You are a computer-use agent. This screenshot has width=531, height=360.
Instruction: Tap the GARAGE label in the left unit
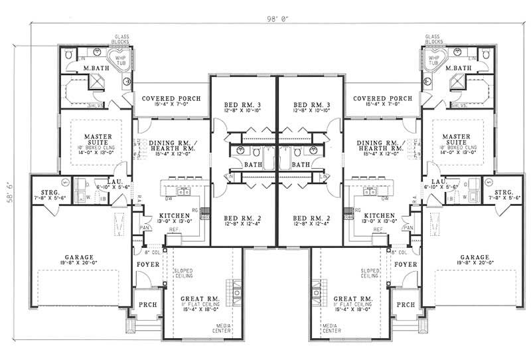[78, 257]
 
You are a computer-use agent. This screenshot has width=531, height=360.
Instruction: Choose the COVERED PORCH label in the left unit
[167, 98]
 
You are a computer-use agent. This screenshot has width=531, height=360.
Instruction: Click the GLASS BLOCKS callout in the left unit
[121, 39]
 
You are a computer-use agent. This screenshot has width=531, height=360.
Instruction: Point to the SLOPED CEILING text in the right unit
[370, 274]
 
